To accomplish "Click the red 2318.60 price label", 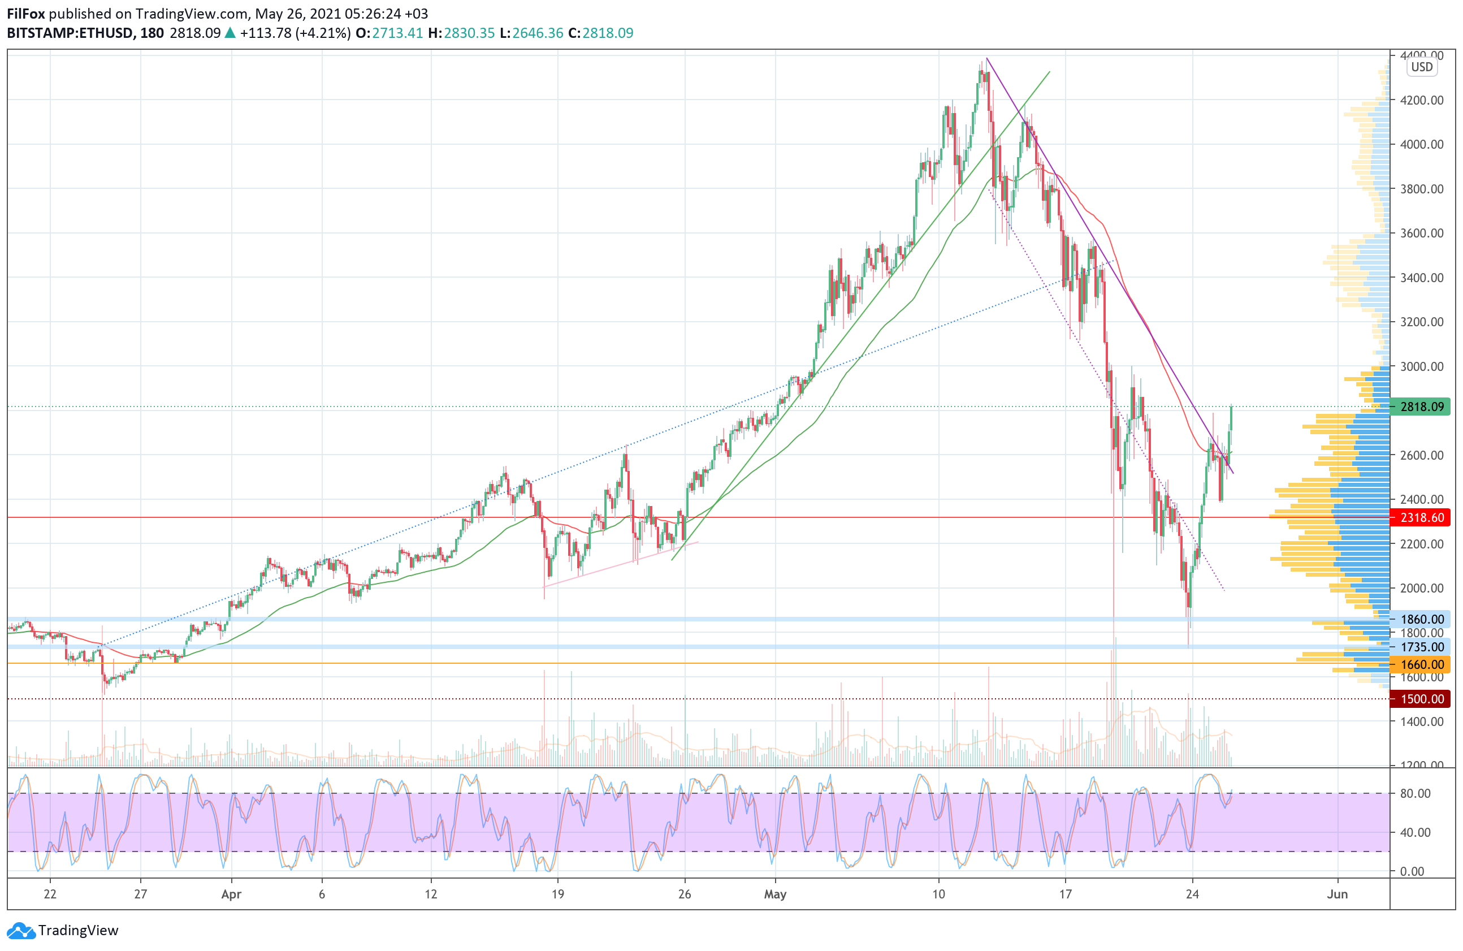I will (x=1421, y=517).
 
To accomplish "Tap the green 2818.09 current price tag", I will (x=1421, y=407).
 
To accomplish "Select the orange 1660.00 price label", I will (x=1421, y=664).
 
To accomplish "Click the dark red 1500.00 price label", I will (x=1421, y=699).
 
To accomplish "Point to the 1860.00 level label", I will (x=1421, y=619).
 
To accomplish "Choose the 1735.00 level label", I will (x=1421, y=647).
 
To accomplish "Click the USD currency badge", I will (x=1421, y=67).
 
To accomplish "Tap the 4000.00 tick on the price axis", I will (x=1421, y=145).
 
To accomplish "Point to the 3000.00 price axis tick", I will (x=1421, y=366).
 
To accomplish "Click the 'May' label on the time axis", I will (x=775, y=894).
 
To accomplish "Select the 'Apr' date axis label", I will (x=231, y=894).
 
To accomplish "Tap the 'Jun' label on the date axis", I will (x=1337, y=894).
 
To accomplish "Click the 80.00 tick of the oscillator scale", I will (x=1415, y=794).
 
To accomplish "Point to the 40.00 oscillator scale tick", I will (x=1415, y=832).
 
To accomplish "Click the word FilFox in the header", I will (x=26, y=14).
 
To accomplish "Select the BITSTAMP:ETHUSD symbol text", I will (x=70, y=33).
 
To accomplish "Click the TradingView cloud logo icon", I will (x=21, y=931).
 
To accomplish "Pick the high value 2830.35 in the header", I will (x=469, y=33).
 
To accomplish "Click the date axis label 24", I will (x=1192, y=894).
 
